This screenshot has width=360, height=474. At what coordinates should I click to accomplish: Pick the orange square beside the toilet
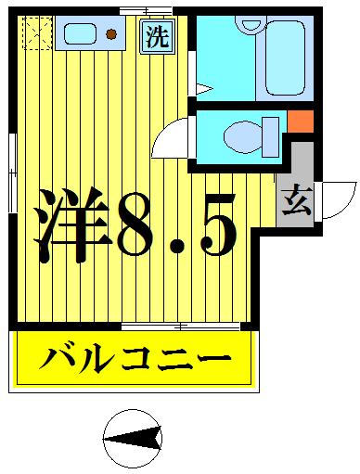299,122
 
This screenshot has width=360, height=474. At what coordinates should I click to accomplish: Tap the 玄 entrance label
297,201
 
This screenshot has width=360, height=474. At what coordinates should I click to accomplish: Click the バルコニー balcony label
135,359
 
